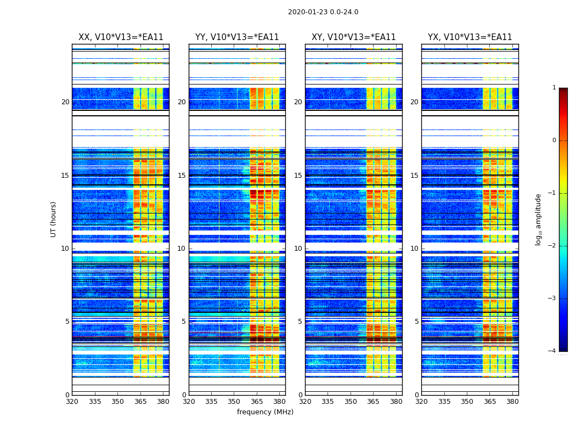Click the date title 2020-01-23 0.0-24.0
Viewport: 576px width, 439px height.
(x=323, y=12)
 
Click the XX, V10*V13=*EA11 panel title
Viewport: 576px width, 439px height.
(x=121, y=37)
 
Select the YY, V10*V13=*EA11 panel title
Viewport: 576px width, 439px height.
(x=237, y=37)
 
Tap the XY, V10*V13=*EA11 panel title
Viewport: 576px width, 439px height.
(x=354, y=37)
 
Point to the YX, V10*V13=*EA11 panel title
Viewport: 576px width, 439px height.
(x=470, y=37)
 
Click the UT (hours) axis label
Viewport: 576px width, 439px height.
(x=53, y=219)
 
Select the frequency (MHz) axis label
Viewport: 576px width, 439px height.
(x=265, y=412)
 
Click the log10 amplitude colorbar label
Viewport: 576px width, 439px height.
(x=539, y=219)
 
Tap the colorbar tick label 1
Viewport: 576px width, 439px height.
(x=554, y=88)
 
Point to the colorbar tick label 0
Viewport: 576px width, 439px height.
(x=554, y=140)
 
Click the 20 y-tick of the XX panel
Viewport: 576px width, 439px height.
(x=65, y=102)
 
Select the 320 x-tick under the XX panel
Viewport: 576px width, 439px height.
(x=72, y=402)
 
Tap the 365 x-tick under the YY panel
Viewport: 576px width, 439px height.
(x=257, y=402)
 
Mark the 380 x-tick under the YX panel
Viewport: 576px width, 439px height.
(x=512, y=402)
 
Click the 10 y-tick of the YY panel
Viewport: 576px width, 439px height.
(x=182, y=249)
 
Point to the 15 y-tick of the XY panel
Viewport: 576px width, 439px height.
(x=298, y=176)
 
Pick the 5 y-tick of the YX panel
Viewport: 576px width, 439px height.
(x=416, y=322)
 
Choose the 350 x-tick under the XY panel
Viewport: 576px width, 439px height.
(x=351, y=402)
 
